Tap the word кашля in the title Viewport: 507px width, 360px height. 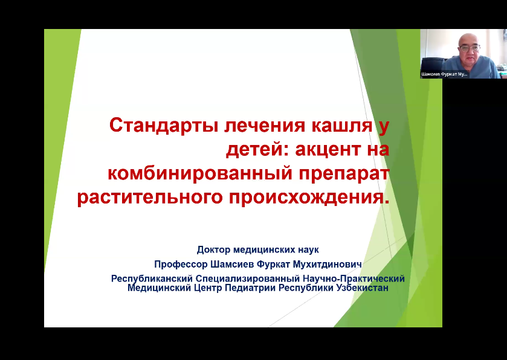[x=341, y=126]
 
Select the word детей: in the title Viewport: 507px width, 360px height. [x=257, y=150]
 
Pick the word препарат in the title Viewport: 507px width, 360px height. [x=344, y=175]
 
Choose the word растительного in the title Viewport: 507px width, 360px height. [x=150, y=198]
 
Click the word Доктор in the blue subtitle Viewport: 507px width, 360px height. [x=214, y=250]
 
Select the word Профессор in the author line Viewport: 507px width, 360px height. [x=181, y=265]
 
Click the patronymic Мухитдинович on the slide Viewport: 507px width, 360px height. [x=327, y=265]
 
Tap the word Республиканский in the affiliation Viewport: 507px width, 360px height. [x=152, y=278]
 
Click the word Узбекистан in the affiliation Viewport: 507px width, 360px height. [x=363, y=288]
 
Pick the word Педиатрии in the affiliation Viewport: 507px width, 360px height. [x=250, y=288]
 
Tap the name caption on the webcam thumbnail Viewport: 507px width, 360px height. [x=444, y=74]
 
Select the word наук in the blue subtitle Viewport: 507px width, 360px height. [x=308, y=250]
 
